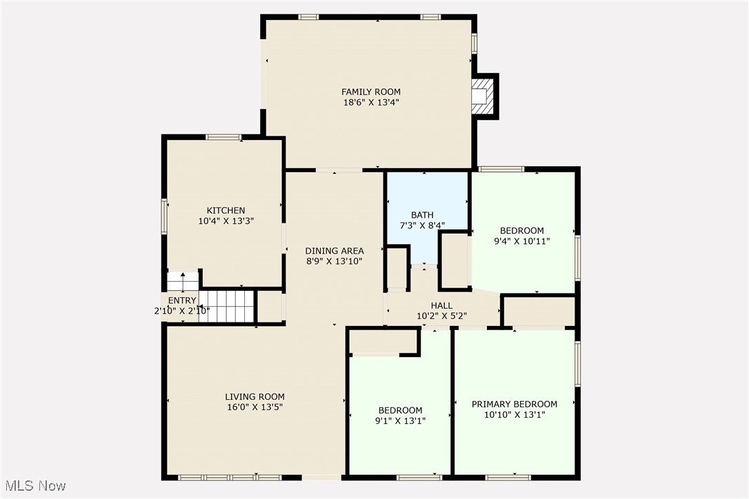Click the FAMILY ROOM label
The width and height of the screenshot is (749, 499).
371,92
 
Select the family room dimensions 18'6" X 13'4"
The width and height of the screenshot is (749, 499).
371,102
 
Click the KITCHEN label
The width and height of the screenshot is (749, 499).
226,211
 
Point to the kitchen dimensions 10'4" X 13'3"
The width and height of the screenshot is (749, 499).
226,221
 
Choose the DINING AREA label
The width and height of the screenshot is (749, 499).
334,251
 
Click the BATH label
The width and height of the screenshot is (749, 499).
423,215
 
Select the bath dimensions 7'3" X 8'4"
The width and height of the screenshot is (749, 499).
423,225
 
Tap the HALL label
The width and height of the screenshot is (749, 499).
442,306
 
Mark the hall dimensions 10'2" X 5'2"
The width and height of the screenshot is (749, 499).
442,316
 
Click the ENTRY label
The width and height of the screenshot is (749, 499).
182,301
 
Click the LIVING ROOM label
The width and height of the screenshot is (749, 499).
254,397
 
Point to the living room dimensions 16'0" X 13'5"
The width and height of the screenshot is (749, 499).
254,407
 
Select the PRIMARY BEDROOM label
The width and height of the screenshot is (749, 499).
515,405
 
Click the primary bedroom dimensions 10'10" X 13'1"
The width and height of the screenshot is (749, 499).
515,415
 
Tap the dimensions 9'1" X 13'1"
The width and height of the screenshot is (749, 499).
400,420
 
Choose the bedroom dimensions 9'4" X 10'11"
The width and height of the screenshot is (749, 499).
522,241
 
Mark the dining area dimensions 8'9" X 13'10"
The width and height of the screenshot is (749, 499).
334,261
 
